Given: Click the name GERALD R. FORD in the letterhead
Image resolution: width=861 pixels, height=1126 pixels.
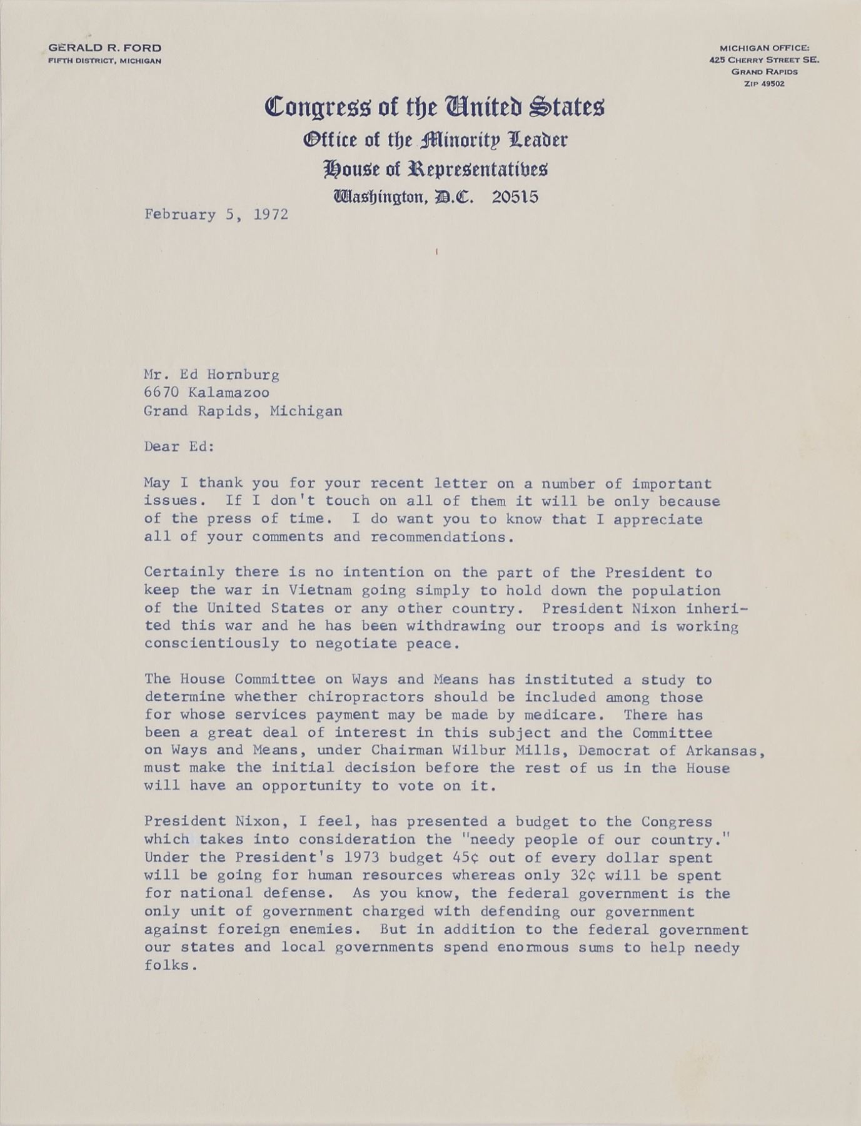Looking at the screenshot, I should [x=104, y=48].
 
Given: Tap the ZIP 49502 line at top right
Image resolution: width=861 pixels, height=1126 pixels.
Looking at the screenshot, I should [x=764, y=83].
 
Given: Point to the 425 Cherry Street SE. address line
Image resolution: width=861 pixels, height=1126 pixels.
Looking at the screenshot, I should [x=764, y=60].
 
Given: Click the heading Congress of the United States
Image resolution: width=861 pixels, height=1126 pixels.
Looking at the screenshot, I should [x=435, y=106].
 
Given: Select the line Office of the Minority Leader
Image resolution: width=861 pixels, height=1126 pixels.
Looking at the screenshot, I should [x=435, y=139].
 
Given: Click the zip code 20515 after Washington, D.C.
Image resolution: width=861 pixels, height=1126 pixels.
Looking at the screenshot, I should [x=515, y=197].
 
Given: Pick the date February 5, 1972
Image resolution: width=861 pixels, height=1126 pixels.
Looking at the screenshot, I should [x=216, y=215].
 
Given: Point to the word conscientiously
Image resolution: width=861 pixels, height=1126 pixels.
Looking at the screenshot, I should [x=211, y=644].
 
